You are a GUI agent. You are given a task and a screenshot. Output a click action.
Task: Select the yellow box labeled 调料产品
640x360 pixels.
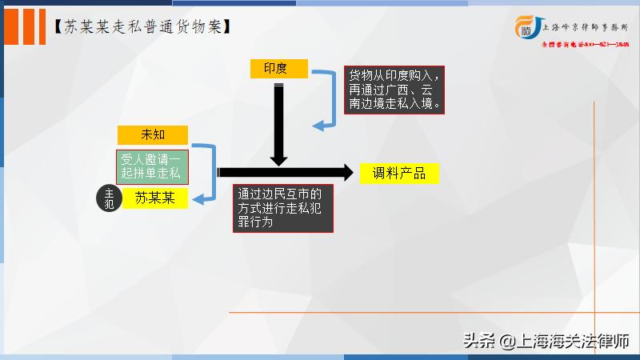398,173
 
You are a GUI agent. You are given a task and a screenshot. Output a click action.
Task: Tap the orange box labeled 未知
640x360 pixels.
152,134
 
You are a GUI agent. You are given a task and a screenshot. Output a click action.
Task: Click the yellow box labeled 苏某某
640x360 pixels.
154,197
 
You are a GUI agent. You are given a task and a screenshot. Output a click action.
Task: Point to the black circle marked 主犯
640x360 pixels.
110,198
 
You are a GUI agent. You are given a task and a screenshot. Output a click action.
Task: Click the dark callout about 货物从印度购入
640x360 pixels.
394,89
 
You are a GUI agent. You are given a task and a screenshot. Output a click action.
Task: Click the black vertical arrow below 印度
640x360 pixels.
278,124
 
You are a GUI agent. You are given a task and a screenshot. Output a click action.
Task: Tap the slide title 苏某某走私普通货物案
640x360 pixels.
143,26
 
